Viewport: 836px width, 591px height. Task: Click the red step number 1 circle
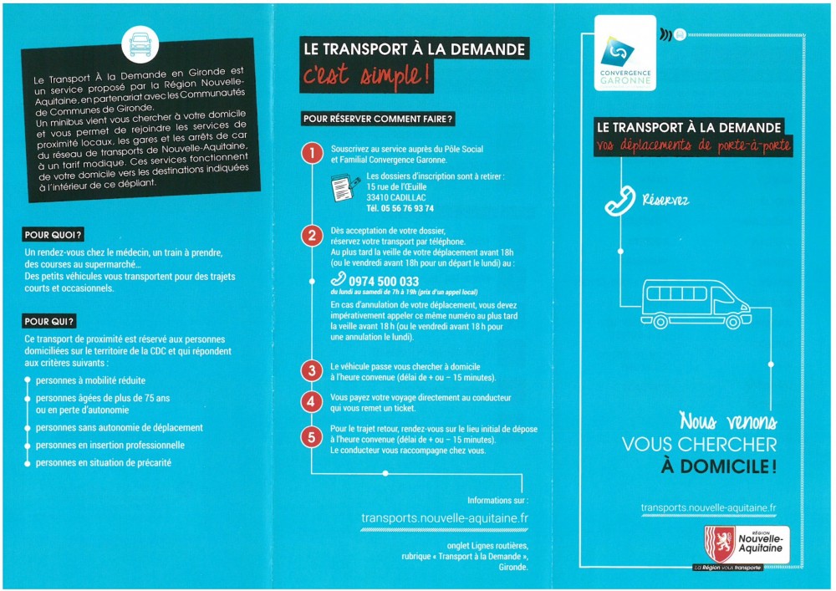[x=312, y=154]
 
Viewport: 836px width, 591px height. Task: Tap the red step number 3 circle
[x=312, y=371]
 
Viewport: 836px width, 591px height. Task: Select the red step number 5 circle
[x=312, y=438]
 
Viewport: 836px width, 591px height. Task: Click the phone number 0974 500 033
[x=384, y=281]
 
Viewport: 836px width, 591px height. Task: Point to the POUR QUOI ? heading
[x=54, y=235]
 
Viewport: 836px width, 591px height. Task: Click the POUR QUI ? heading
[x=49, y=321]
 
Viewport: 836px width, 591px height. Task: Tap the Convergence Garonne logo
[x=624, y=53]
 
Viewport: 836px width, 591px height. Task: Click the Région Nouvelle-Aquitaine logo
[x=747, y=545]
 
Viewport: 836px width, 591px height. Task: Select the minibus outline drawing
[x=696, y=303]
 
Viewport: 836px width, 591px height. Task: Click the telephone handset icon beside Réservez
[x=620, y=201]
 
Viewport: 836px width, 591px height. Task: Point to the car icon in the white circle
[x=140, y=45]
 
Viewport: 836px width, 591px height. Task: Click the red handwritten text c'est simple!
[x=366, y=74]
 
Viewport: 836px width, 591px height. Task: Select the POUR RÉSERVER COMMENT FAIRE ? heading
[x=378, y=119]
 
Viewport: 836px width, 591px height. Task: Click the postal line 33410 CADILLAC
[x=396, y=198]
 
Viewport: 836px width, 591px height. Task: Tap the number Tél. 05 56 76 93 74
[x=400, y=208]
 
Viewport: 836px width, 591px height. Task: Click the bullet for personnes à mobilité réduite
[x=28, y=380]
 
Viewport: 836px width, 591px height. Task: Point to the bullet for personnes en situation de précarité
[x=28, y=463]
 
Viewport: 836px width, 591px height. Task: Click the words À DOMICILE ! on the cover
[x=718, y=466]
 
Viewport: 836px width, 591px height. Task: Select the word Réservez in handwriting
[x=665, y=201]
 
